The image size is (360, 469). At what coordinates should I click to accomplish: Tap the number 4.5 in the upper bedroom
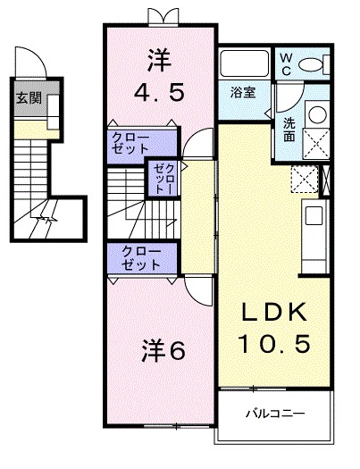coord(162,93)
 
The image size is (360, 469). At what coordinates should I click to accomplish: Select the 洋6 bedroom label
coord(162,351)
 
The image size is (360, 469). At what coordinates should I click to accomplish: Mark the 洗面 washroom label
coord(290,131)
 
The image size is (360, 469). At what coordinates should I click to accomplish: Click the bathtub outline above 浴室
coord(244,64)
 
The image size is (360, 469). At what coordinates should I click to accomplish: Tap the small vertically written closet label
coord(162,180)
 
